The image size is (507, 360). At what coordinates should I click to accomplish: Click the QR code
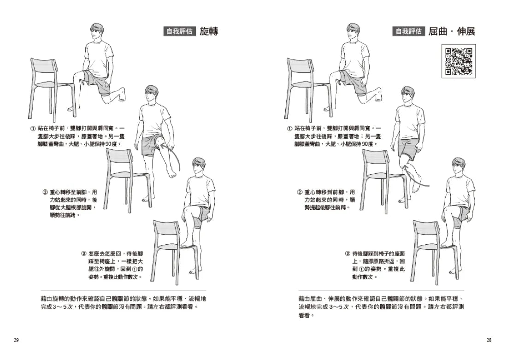tap(458, 61)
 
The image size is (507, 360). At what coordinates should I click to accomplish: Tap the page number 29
tap(16, 340)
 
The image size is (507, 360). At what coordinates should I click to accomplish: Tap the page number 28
tap(489, 340)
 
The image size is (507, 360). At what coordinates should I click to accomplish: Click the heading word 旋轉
tap(209, 31)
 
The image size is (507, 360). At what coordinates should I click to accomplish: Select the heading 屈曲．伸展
tap(451, 31)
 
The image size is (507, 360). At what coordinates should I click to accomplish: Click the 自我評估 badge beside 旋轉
tap(180, 31)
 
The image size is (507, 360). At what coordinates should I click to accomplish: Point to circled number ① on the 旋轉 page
tap(33, 127)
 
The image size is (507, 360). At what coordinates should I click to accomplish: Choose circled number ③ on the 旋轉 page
tap(83, 254)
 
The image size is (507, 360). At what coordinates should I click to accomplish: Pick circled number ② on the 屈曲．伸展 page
tap(300, 192)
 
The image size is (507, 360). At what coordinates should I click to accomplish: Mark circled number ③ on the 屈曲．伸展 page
tap(348, 254)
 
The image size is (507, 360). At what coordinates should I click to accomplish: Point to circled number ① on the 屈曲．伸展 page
tap(289, 128)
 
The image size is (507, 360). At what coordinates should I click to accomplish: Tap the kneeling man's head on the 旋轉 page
tap(96, 33)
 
